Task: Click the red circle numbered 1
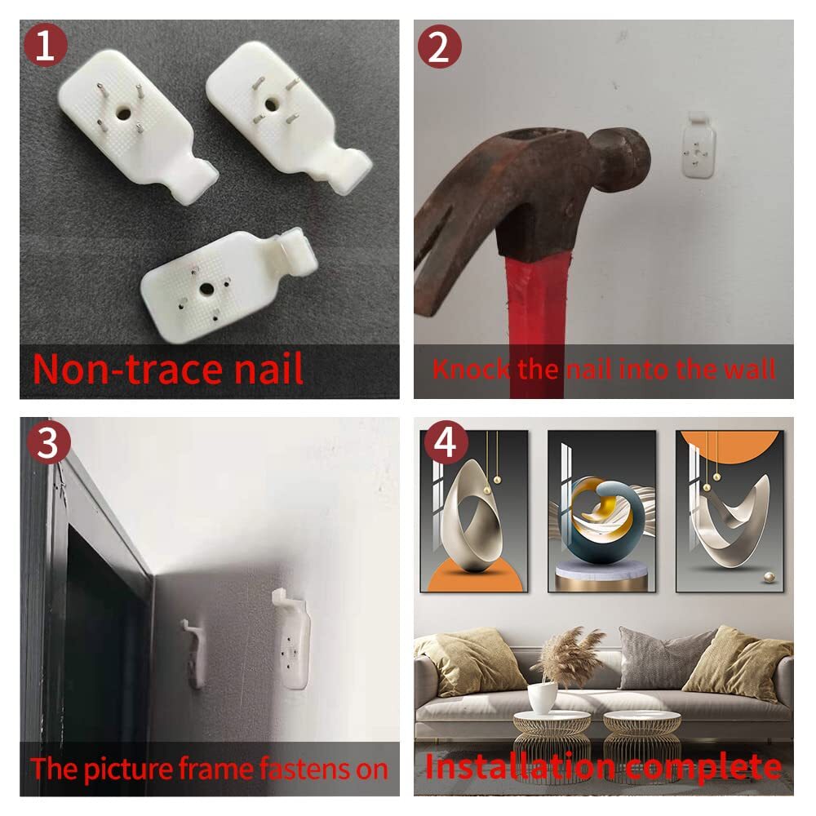45,46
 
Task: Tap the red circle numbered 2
440,47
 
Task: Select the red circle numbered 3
48,443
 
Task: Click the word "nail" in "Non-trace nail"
268,369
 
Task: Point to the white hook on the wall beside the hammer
698,145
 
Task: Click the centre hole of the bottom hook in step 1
206,288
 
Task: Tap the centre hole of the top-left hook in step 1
123,113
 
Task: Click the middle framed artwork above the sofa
601,512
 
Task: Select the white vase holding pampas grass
543,698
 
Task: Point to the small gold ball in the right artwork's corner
768,577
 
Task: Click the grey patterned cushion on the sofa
661,657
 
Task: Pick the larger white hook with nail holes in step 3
291,639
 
